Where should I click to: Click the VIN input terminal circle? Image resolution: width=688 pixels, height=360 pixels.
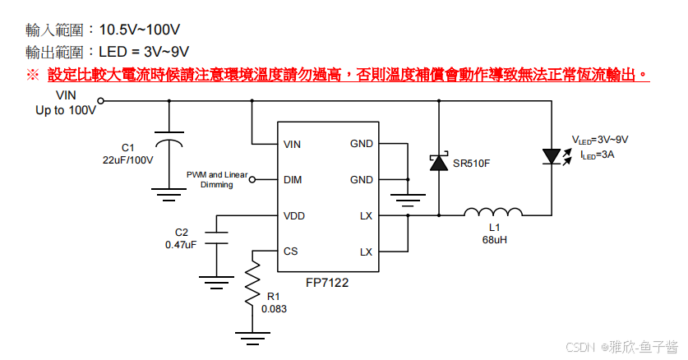pyautogui.click(x=100, y=101)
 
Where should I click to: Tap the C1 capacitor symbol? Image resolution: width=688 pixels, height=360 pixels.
pyautogui.click(x=169, y=138)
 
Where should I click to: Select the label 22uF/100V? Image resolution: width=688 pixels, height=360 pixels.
pyautogui.click(x=127, y=160)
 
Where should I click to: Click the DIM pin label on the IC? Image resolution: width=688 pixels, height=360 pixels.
pyautogui.click(x=293, y=180)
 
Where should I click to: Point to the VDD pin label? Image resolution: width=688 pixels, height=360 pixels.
pyautogui.click(x=293, y=215)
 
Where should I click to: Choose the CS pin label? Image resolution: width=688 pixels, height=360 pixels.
pyautogui.click(x=290, y=252)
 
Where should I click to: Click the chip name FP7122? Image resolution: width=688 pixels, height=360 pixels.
pyautogui.click(x=327, y=283)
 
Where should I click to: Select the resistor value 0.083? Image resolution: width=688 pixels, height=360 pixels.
pyautogui.click(x=274, y=309)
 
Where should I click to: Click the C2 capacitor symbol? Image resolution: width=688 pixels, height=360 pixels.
pyautogui.click(x=216, y=238)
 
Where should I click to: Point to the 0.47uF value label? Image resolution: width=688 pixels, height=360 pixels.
pyautogui.click(x=181, y=245)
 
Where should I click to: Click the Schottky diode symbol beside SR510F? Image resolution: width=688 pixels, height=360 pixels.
pyautogui.click(x=439, y=162)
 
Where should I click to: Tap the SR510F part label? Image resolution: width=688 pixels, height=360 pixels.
pyautogui.click(x=471, y=164)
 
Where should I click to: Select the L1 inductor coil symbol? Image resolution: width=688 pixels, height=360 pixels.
pyautogui.click(x=493, y=212)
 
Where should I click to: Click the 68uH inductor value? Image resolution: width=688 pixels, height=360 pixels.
pyautogui.click(x=495, y=240)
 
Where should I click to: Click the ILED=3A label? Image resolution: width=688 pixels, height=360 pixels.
pyautogui.click(x=598, y=155)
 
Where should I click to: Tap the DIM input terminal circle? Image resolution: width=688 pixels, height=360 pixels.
pyautogui.click(x=252, y=179)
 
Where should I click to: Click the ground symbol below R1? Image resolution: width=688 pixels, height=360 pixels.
pyautogui.click(x=252, y=339)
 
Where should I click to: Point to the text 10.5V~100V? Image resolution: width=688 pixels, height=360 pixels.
pyautogui.click(x=140, y=30)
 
